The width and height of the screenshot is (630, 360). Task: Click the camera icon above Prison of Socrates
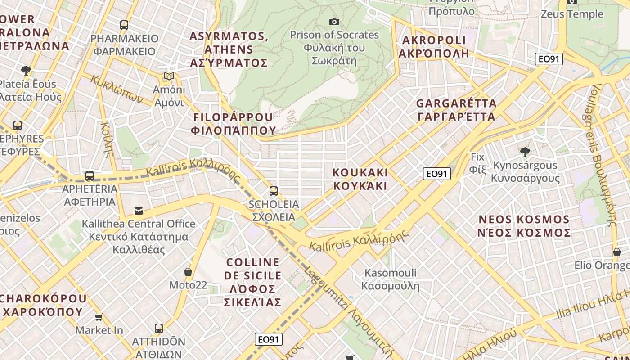point(334,22)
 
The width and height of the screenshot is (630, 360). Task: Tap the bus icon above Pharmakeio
point(124,25)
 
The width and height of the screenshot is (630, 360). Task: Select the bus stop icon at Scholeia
point(273,191)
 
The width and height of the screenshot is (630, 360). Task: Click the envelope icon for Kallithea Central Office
point(139,211)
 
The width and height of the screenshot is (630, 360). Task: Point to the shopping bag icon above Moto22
point(188,272)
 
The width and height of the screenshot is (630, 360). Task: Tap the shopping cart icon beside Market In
point(99,317)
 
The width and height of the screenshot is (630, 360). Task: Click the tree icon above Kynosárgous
point(525,152)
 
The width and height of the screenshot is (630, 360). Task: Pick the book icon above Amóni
point(169,76)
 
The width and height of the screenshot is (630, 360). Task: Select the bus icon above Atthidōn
point(158,328)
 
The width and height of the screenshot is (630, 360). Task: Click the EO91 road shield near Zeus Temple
point(549,59)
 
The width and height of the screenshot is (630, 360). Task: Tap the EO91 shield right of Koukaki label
point(437,174)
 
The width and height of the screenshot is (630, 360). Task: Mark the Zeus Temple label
point(571,14)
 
